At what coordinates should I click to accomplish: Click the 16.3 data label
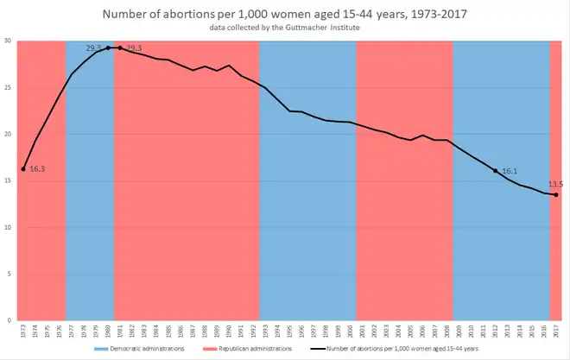click(37, 169)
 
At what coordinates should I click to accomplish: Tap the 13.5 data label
click(555, 184)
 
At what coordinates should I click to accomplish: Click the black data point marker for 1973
click(23, 168)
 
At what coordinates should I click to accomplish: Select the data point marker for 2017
click(555, 194)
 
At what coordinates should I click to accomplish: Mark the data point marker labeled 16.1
click(495, 171)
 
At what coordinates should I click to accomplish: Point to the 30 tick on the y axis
click(7, 41)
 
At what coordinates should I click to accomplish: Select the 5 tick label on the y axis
click(9, 274)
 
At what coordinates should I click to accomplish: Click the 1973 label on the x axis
click(23, 331)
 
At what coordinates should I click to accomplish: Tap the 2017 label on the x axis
click(555, 331)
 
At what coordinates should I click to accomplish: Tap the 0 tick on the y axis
click(9, 320)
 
